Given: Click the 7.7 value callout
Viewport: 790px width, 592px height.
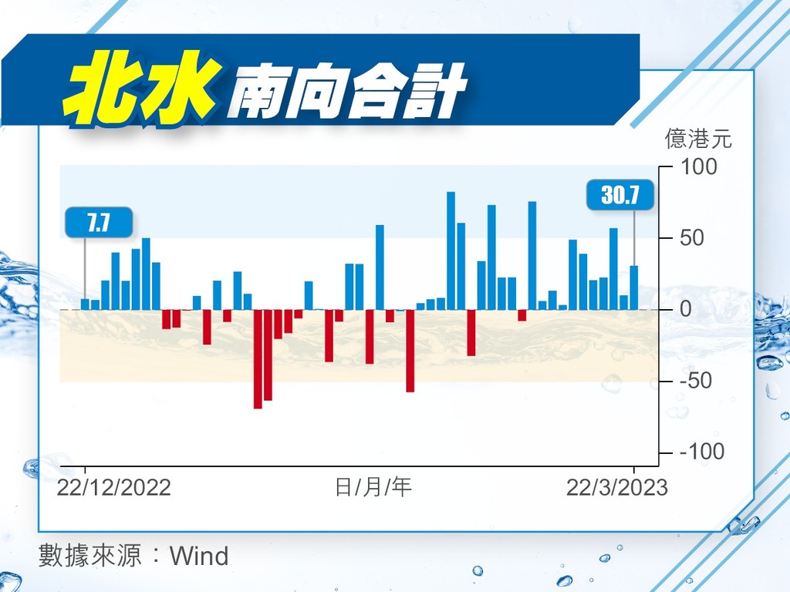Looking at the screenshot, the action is [x=99, y=222].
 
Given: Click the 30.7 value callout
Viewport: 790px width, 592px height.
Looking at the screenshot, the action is [x=620, y=194].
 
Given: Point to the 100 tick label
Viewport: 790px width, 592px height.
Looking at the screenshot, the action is [x=699, y=166].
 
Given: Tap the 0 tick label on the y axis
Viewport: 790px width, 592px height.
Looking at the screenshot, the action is [x=686, y=309].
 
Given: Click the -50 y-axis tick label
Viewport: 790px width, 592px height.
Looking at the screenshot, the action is [x=696, y=381].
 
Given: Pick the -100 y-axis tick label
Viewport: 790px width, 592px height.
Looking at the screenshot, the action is [x=702, y=452].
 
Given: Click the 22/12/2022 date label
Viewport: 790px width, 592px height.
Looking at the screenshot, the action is [x=114, y=487].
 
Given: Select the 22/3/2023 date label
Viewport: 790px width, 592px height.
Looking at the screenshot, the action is [x=616, y=487].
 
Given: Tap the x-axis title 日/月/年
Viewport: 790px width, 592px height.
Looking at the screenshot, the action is [x=373, y=487].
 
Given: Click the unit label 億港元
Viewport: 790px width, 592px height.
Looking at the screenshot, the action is [x=697, y=139].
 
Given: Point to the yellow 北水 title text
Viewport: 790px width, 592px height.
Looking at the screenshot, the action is [x=142, y=88].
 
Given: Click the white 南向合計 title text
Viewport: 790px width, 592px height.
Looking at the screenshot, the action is [x=346, y=91].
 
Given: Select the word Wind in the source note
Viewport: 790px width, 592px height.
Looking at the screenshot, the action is [x=199, y=556].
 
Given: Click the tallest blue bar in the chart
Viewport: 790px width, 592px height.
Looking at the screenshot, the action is [x=451, y=251].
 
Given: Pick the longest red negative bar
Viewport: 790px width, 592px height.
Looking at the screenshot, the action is [x=258, y=359].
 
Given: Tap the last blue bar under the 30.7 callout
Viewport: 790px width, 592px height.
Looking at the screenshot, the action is [x=634, y=288].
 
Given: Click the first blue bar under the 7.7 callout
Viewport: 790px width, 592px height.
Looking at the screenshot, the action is [x=85, y=304].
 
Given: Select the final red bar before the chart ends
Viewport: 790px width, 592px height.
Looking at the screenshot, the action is [x=522, y=315].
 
